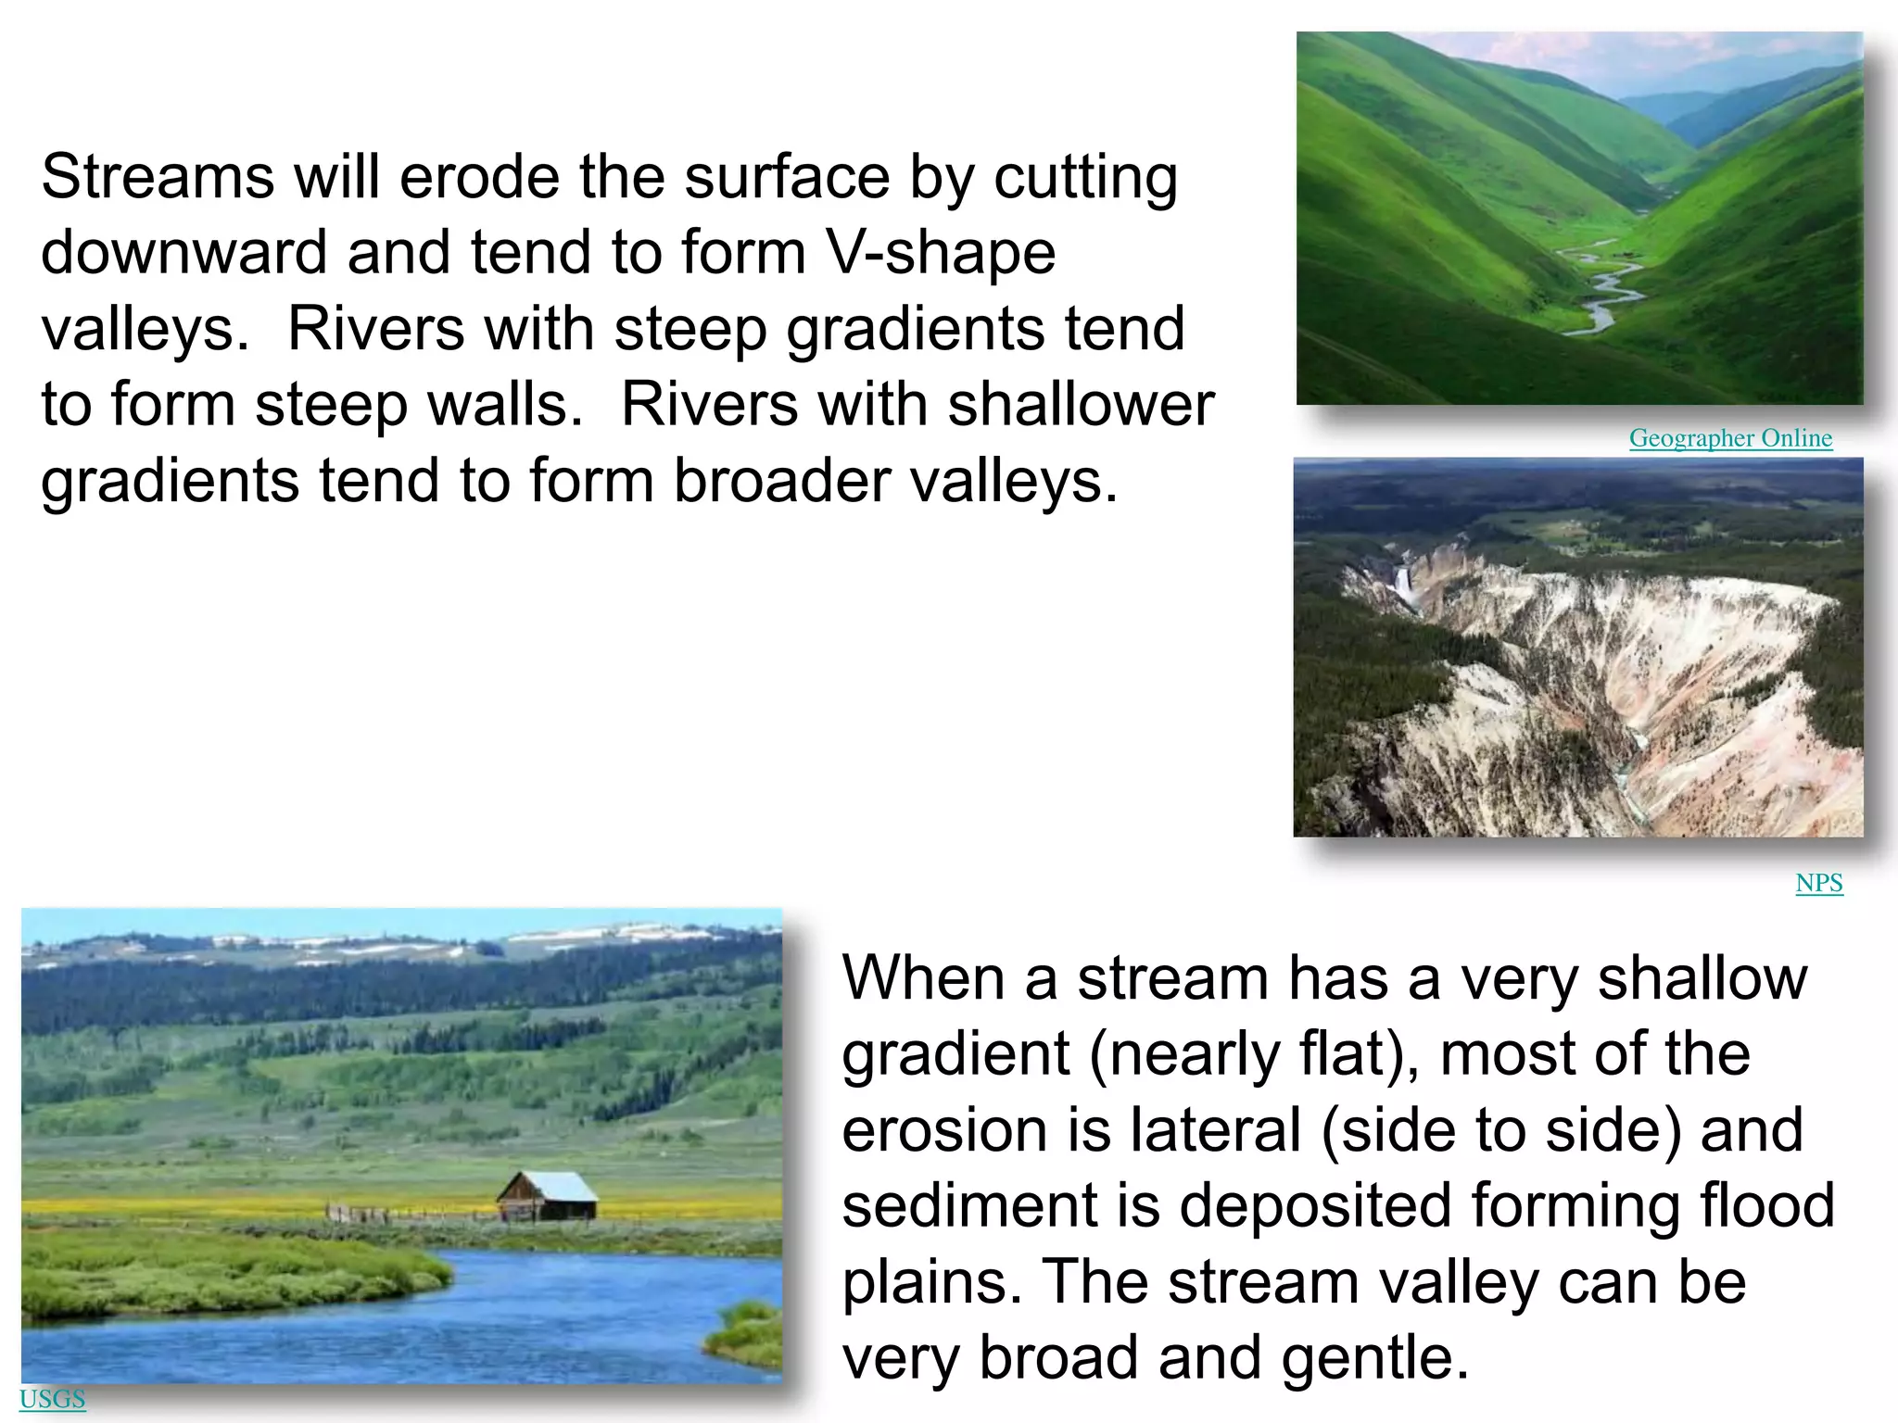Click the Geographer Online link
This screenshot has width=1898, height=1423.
click(1730, 438)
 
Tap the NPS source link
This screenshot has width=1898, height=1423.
click(1818, 883)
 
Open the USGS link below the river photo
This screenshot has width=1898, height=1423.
click(52, 1399)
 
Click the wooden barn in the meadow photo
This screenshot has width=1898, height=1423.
click(547, 1198)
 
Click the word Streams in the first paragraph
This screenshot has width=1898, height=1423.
click(158, 177)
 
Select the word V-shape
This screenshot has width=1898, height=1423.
click(942, 253)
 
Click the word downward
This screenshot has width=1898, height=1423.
click(184, 253)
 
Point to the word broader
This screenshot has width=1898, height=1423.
click(782, 481)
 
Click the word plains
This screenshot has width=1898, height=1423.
click(931, 1282)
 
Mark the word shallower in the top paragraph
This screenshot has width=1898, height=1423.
click(1081, 405)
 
